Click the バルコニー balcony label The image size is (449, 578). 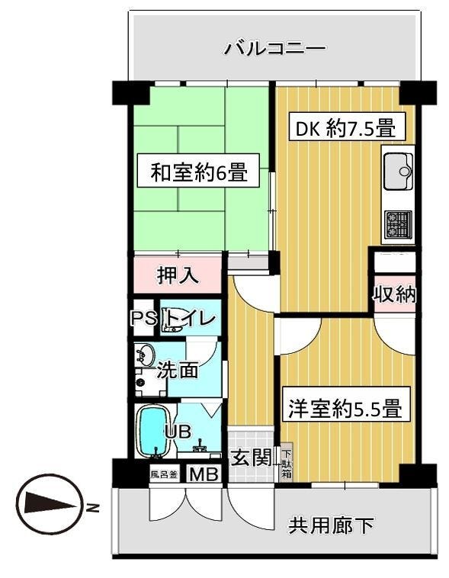[x=274, y=50]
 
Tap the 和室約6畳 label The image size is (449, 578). [x=198, y=172]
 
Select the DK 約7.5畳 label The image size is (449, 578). [x=345, y=127]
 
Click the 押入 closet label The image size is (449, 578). [x=178, y=275]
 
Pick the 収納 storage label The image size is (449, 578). [x=394, y=294]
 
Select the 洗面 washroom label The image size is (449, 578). [x=178, y=371]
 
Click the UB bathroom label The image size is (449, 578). [x=178, y=431]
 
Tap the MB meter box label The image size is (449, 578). [x=202, y=474]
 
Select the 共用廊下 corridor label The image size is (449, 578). [x=331, y=525]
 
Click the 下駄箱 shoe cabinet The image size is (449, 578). [x=286, y=462]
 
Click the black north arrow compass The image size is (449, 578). [x=50, y=505]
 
